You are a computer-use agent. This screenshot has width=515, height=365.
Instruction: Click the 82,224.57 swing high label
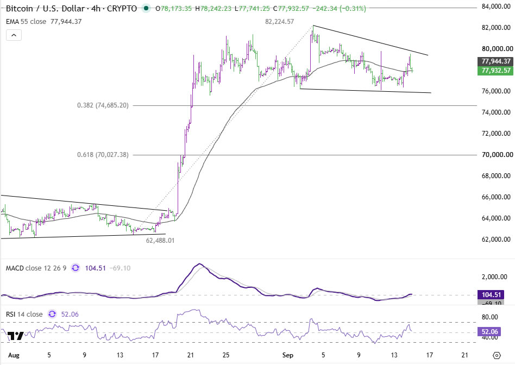tap(280, 22)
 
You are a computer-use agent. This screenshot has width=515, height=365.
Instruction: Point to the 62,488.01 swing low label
tap(160, 241)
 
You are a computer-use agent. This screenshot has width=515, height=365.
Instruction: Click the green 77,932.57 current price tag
tap(495, 71)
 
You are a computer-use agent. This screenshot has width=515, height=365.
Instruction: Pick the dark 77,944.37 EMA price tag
tap(495, 61)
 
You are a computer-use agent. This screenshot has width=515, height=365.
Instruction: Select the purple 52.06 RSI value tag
tap(489, 331)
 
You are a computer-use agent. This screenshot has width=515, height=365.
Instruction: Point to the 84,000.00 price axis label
tap(496, 6)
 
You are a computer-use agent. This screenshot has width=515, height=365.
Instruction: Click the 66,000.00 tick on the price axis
tap(496, 197)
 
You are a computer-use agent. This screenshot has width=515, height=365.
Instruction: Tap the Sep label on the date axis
tap(288, 355)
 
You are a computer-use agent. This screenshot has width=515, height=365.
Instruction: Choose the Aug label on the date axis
tap(14, 355)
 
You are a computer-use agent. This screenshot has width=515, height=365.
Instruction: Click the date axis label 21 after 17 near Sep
tap(464, 355)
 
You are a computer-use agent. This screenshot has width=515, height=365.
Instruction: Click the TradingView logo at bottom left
tap(16, 336)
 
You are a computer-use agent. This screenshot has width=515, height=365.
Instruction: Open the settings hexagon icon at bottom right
tap(497, 355)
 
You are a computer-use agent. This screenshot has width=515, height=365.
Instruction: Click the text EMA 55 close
tap(26, 22)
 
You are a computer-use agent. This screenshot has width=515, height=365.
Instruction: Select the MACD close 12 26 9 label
tap(36, 268)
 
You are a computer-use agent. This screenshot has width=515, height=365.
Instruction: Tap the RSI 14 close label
tap(24, 314)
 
